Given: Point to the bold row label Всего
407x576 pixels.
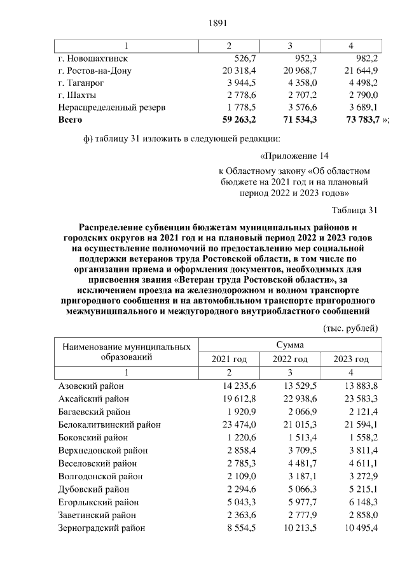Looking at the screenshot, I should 70,119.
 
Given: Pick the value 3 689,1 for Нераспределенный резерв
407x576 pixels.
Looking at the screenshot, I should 361,107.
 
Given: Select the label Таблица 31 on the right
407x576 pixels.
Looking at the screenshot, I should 355,211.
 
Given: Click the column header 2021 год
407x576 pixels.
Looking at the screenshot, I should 229,359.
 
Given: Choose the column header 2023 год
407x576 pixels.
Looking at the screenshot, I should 351,359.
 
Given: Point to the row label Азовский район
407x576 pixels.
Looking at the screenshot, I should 91,386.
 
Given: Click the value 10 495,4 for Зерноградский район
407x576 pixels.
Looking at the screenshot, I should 360,528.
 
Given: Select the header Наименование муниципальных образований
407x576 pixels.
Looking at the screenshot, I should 125,352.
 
